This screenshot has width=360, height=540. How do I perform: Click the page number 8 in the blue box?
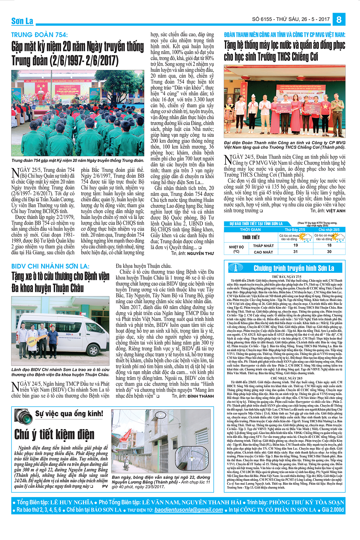[339, 19]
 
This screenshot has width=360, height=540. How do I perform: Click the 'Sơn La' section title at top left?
[22, 21]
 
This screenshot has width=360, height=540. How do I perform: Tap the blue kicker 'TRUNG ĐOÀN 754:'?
[40, 35]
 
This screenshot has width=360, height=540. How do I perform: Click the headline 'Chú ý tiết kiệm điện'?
[54, 434]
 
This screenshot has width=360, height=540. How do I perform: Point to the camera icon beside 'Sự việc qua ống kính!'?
[23, 416]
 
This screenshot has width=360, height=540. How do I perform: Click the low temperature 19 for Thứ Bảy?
[295, 245]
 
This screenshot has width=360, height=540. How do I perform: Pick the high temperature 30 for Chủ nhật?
[329, 252]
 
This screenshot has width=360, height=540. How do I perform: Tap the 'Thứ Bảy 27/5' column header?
[295, 229]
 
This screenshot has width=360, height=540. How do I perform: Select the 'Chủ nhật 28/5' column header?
[329, 229]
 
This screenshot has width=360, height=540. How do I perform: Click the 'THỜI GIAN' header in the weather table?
[250, 229]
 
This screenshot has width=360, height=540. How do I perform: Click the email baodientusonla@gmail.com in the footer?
[189, 510]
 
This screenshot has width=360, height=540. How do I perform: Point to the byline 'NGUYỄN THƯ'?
[200, 253]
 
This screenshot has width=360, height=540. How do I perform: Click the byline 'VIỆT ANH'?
[335, 211]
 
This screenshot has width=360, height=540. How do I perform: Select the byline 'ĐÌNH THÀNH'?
[201, 396]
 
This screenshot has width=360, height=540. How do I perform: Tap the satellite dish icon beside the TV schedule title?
[236, 267]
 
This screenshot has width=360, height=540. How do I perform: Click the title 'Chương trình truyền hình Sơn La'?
[294, 268]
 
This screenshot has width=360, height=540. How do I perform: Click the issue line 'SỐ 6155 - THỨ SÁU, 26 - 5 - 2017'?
[291, 19]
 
